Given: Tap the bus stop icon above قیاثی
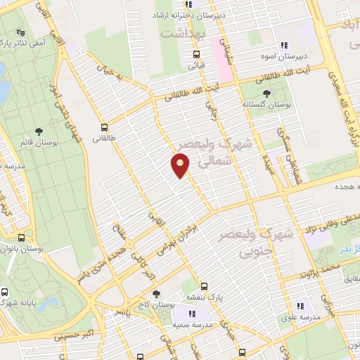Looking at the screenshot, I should click(x=196, y=54).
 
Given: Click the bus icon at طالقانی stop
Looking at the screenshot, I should click(x=104, y=128).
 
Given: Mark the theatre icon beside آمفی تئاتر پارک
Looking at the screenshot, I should click(x=18, y=32).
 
